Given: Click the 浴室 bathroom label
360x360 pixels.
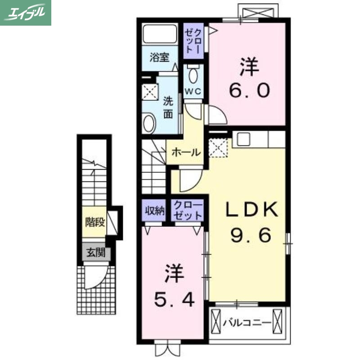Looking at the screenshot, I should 159,57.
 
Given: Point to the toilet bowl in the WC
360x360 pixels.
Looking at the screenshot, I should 193,75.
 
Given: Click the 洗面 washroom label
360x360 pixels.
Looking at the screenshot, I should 167,107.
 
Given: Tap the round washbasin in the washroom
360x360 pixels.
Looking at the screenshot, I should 149,123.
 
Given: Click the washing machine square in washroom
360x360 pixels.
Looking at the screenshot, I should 150,92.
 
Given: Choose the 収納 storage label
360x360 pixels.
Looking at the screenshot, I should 154,210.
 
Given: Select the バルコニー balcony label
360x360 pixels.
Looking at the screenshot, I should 247,323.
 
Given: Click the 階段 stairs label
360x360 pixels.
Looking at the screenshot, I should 95,222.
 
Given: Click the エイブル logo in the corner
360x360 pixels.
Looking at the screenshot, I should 26,13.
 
